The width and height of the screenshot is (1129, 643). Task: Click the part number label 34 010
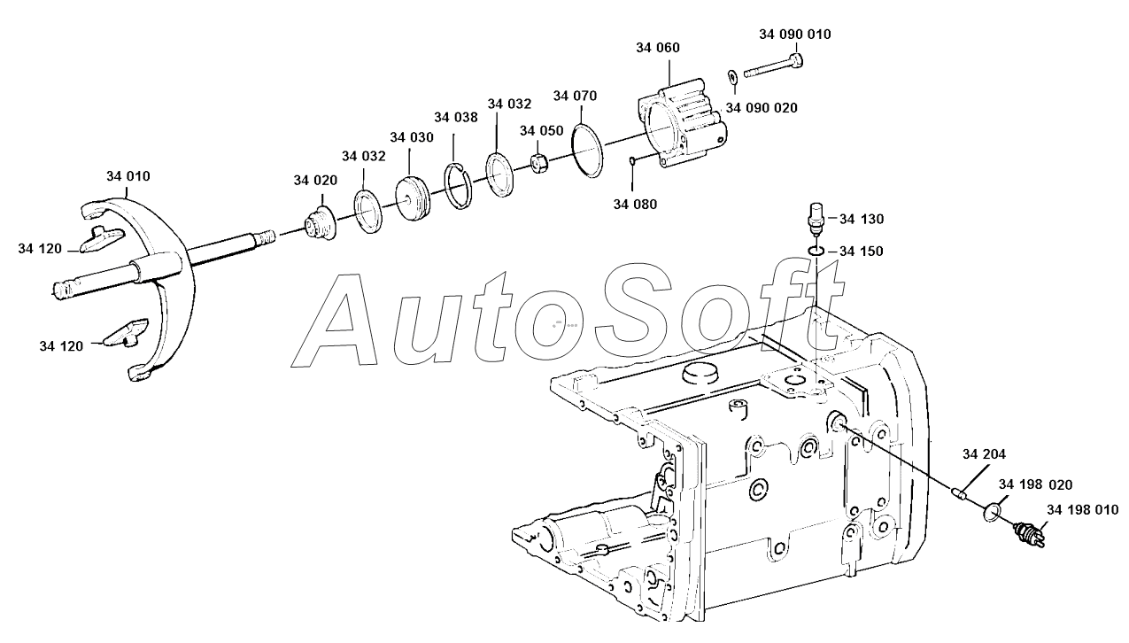click(x=128, y=176)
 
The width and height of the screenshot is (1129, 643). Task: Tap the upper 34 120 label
click(x=40, y=249)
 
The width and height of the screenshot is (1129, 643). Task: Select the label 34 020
click(x=315, y=181)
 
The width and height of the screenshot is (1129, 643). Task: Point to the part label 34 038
click(x=456, y=118)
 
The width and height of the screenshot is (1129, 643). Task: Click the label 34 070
click(x=575, y=96)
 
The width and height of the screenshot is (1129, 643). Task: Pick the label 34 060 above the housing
click(x=657, y=48)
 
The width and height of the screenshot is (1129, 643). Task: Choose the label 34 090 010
click(x=794, y=35)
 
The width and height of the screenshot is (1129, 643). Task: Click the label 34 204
click(x=984, y=454)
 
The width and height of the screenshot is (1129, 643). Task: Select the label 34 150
click(x=862, y=252)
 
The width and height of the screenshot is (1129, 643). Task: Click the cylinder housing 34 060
click(x=681, y=125)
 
